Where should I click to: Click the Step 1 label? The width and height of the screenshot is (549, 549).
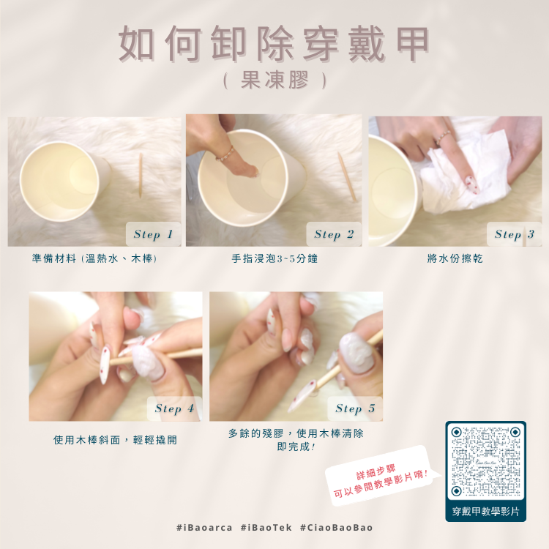coord(154,234)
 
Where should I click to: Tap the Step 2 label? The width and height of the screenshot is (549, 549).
coord(334,234)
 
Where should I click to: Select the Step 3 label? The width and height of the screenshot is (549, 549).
coord(515,234)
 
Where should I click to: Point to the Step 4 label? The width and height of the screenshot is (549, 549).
coord(174,408)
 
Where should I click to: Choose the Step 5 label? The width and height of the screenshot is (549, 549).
coord(355,408)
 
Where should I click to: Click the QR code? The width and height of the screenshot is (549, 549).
coord(485,460)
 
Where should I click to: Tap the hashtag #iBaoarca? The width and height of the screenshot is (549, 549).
coord(204,528)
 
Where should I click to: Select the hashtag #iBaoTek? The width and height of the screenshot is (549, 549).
coord(266,528)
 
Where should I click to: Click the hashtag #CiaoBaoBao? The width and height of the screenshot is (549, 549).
coord(337,528)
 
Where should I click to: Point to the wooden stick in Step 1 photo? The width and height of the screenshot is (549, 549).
coord(141,176)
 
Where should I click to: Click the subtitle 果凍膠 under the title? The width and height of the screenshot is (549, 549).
coord(274,81)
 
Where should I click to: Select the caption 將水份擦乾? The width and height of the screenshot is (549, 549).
coord(455,258)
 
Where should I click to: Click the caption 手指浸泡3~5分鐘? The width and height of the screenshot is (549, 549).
coord(274,258)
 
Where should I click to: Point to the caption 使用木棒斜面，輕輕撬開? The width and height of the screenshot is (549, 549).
coord(115,440)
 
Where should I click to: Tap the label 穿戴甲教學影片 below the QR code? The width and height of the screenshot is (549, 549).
coord(485,512)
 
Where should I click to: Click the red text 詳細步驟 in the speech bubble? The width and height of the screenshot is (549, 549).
coord(376,472)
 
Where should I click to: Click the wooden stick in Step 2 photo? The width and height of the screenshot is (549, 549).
coord(347,176)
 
